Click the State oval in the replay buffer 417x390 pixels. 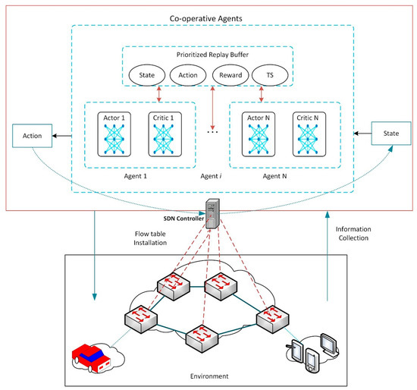(147, 75)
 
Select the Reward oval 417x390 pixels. (230, 75)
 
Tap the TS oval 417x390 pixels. (270, 75)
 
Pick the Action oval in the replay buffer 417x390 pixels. (188, 75)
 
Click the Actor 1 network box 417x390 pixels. (114, 134)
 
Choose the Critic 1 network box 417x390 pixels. (165, 134)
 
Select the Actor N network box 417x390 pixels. (259, 134)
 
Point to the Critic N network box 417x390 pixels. (309, 134)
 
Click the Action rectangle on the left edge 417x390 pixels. (32, 136)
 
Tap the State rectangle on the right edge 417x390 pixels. (391, 134)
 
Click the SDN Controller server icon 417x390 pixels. (212, 213)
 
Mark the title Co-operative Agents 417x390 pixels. (205, 19)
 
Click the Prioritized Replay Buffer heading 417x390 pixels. (212, 55)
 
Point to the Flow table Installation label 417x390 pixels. (150, 238)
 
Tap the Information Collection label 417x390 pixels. (353, 234)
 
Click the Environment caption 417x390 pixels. (209, 376)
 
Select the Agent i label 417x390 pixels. (212, 176)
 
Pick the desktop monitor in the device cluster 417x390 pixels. (329, 344)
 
